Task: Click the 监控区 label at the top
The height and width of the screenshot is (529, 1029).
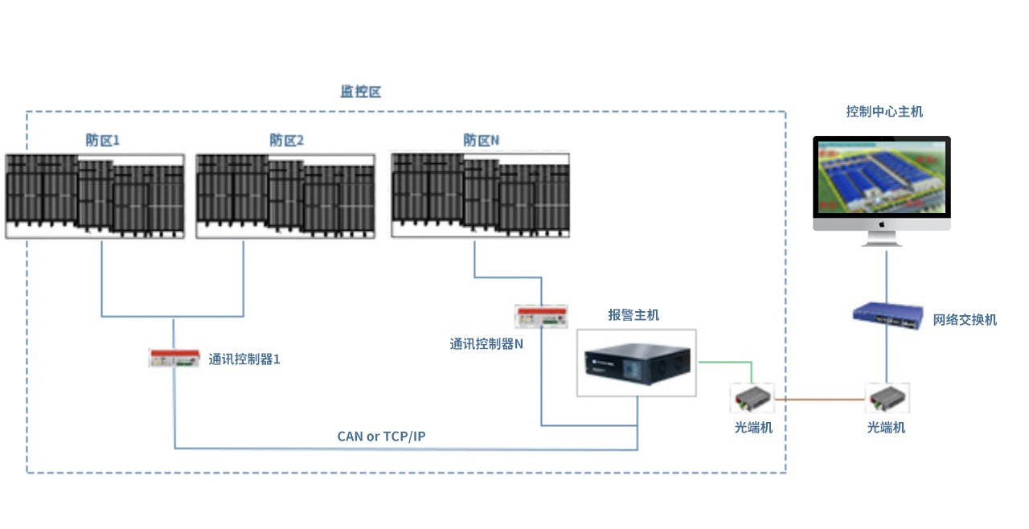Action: coord(360,92)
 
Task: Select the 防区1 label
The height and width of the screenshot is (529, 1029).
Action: coord(103,140)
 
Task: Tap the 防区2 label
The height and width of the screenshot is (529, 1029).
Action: coord(287,140)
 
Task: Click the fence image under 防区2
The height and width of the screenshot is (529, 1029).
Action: coord(286,196)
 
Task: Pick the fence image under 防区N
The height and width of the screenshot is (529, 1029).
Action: coord(481,195)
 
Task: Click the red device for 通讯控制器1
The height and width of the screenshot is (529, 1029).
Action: coord(174,359)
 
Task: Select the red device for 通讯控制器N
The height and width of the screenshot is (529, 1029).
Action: coord(542,316)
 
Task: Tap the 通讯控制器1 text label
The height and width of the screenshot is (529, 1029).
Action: coord(244,359)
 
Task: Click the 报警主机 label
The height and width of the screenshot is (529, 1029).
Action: coord(633,315)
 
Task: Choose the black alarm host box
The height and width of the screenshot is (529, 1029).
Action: coord(637,364)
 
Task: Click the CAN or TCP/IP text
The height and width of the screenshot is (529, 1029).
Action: coord(381,437)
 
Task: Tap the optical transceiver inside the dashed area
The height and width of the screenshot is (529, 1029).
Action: coord(752,397)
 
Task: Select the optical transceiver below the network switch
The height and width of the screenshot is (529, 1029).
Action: coord(887,397)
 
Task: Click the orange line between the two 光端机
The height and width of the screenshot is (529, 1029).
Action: coord(819,399)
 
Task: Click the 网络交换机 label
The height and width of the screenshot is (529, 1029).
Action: coord(965,319)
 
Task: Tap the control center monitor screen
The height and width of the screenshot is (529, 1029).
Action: coord(882,178)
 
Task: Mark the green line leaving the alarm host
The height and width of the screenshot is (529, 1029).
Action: coord(724,363)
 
